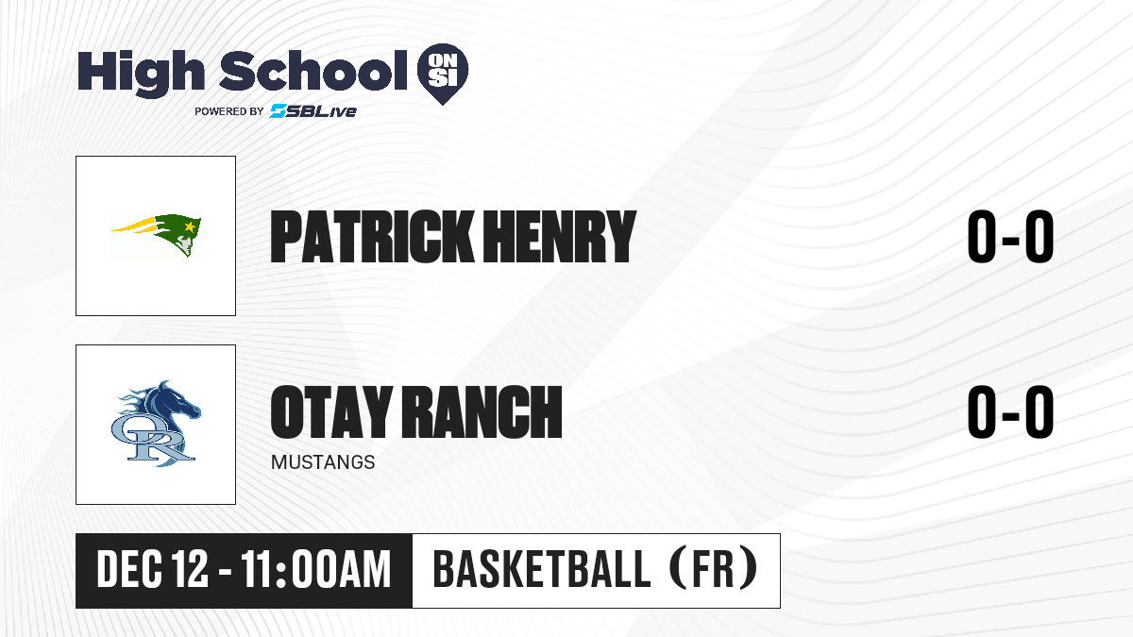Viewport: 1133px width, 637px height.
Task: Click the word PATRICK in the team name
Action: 372,237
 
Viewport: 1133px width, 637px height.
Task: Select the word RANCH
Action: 482,411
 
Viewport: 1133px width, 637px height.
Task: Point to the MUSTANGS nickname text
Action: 323,462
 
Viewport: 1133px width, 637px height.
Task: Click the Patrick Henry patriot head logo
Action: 157,235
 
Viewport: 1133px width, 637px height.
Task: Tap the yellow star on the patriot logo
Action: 190,226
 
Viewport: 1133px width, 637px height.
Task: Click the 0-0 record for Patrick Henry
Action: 1010,237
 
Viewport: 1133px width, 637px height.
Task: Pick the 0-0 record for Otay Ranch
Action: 1010,411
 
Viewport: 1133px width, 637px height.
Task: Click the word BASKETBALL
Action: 542,570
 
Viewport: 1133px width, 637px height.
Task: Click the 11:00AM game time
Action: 316,570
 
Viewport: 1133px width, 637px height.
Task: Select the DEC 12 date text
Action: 152,570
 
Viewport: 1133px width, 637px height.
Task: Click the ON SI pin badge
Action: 443,74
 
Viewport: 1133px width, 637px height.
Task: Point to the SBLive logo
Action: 313,110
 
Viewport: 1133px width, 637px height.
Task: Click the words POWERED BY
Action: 229,111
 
